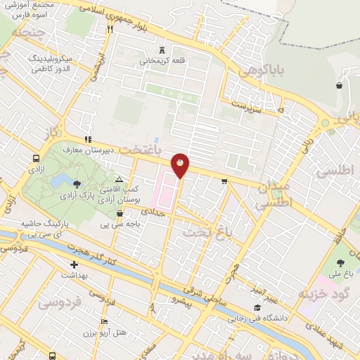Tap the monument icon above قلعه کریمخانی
(162, 50)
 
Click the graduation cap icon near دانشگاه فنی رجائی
(258, 308)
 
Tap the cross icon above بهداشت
(74, 265)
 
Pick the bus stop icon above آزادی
(36, 158)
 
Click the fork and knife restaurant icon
(110, 29)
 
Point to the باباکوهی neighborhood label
(260, 72)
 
